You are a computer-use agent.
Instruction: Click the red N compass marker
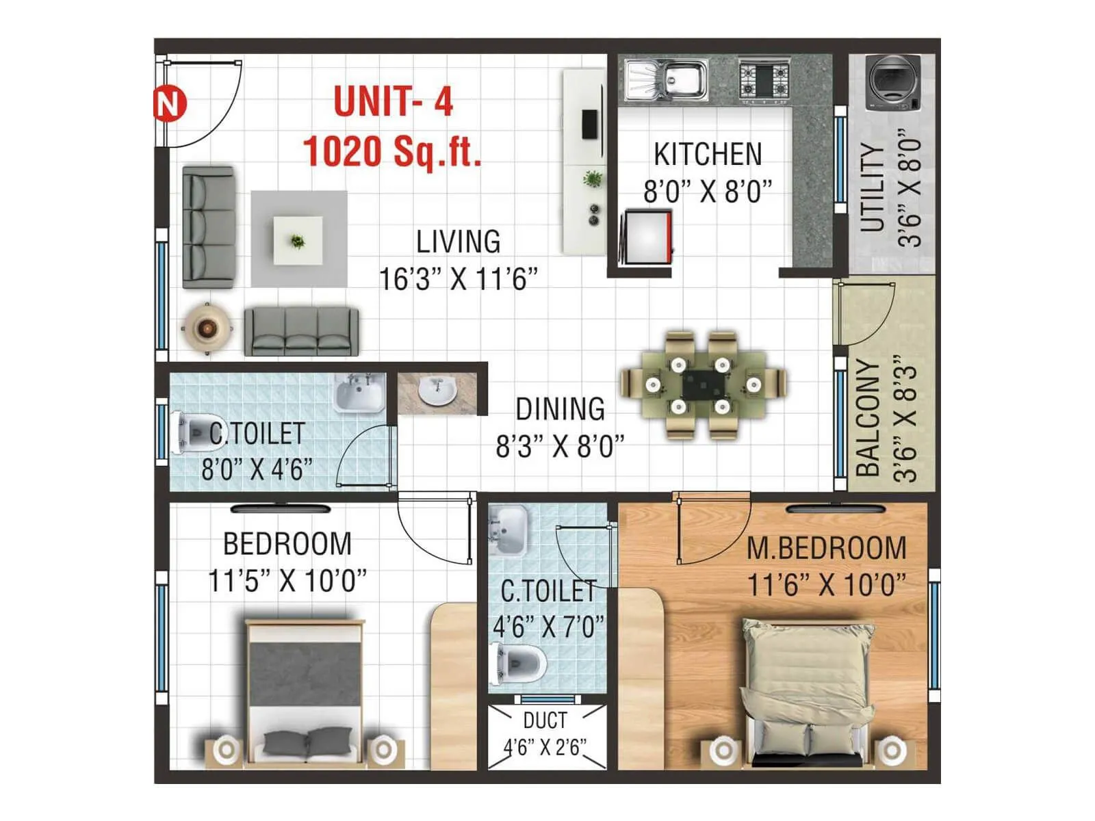169,105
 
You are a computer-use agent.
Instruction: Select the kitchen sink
664,79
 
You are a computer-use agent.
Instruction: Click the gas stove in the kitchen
764,79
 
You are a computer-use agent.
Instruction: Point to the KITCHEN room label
708,155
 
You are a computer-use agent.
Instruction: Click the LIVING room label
459,242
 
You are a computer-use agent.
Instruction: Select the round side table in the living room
206,328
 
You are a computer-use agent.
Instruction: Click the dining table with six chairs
703,385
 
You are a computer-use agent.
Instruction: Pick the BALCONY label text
868,417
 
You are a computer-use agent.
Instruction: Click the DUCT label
545,720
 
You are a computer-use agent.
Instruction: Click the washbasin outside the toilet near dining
437,392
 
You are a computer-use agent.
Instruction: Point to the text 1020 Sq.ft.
392,151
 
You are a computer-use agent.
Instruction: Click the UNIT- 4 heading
394,102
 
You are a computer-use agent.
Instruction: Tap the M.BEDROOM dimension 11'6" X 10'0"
827,586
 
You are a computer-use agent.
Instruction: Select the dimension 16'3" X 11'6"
459,279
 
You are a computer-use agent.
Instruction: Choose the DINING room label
560,409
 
